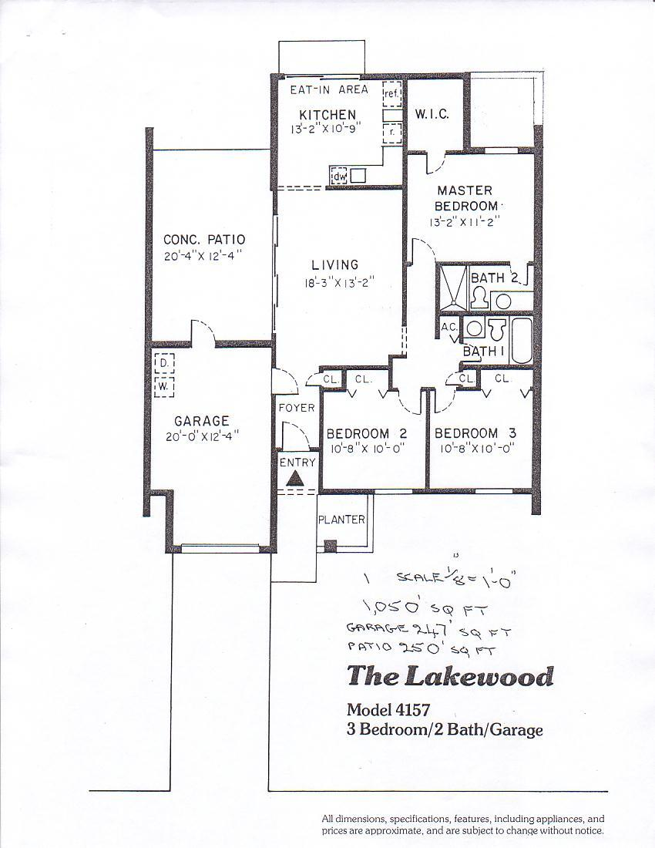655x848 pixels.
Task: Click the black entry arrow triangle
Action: [x=295, y=478]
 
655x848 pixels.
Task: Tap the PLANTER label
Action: [x=341, y=520]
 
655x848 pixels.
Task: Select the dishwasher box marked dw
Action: [x=338, y=177]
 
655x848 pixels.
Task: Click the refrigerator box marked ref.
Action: [x=391, y=94]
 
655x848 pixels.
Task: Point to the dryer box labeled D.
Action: [x=164, y=363]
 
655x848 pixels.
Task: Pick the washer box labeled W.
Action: [x=164, y=387]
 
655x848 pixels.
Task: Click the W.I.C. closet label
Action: [x=432, y=115]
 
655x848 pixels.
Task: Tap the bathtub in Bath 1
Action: [x=521, y=340]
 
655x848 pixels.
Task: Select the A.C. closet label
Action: [x=449, y=328]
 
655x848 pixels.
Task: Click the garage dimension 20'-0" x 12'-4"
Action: [x=203, y=436]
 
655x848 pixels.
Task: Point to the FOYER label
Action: [x=297, y=408]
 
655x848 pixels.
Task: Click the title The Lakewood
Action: [x=450, y=676]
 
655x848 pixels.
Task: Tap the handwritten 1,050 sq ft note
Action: [x=426, y=610]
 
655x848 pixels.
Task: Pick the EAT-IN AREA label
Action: [x=329, y=89]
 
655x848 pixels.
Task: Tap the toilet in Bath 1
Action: [x=496, y=328]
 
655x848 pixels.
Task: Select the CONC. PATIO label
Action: [x=204, y=240]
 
